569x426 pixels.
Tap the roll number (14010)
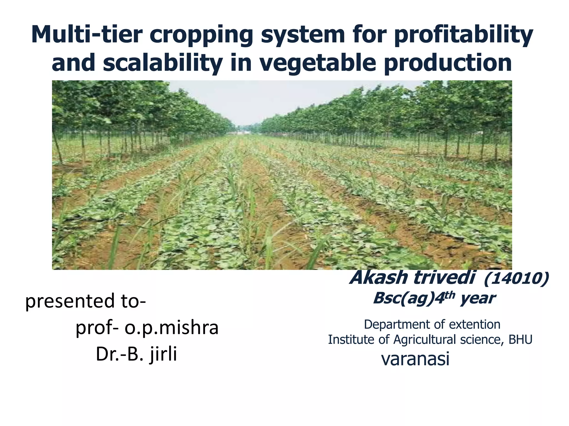point(516,278)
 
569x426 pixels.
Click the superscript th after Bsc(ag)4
point(450,295)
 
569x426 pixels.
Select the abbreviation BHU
point(520,340)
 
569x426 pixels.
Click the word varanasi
point(415,359)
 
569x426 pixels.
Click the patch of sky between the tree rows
point(244,103)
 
